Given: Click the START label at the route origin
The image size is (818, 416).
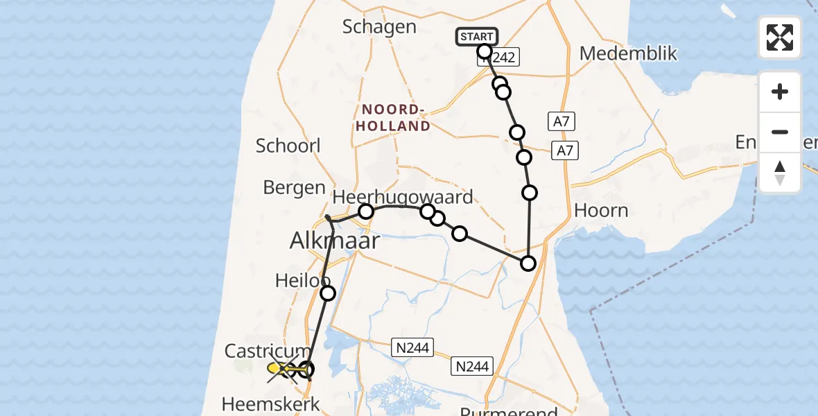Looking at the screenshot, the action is (x=476, y=37).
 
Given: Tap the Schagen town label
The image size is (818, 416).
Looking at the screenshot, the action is (x=379, y=27).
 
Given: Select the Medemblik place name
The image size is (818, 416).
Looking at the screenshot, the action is (x=628, y=53).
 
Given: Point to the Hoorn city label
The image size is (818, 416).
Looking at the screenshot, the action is (x=602, y=211).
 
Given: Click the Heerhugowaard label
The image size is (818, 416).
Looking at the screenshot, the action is (x=403, y=196).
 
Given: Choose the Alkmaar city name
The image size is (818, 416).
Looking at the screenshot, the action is (x=336, y=241).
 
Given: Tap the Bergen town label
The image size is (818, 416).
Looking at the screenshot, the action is (x=295, y=187).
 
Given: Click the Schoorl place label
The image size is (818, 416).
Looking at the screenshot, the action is (x=288, y=146).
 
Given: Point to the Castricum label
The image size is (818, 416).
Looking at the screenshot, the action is (x=267, y=351).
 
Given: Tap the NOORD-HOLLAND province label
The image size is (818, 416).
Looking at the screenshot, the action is (x=395, y=118).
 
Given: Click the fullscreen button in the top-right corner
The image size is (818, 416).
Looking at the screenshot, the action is (x=780, y=37).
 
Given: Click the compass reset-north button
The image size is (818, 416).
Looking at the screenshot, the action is (x=780, y=173).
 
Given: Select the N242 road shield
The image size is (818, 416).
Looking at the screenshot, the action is (x=500, y=58).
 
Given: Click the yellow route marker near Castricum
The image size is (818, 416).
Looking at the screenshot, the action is (x=275, y=368).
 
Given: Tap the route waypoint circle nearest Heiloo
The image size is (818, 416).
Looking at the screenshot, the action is (x=327, y=293).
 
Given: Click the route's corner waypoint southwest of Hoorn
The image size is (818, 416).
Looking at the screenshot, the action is (x=528, y=263).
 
